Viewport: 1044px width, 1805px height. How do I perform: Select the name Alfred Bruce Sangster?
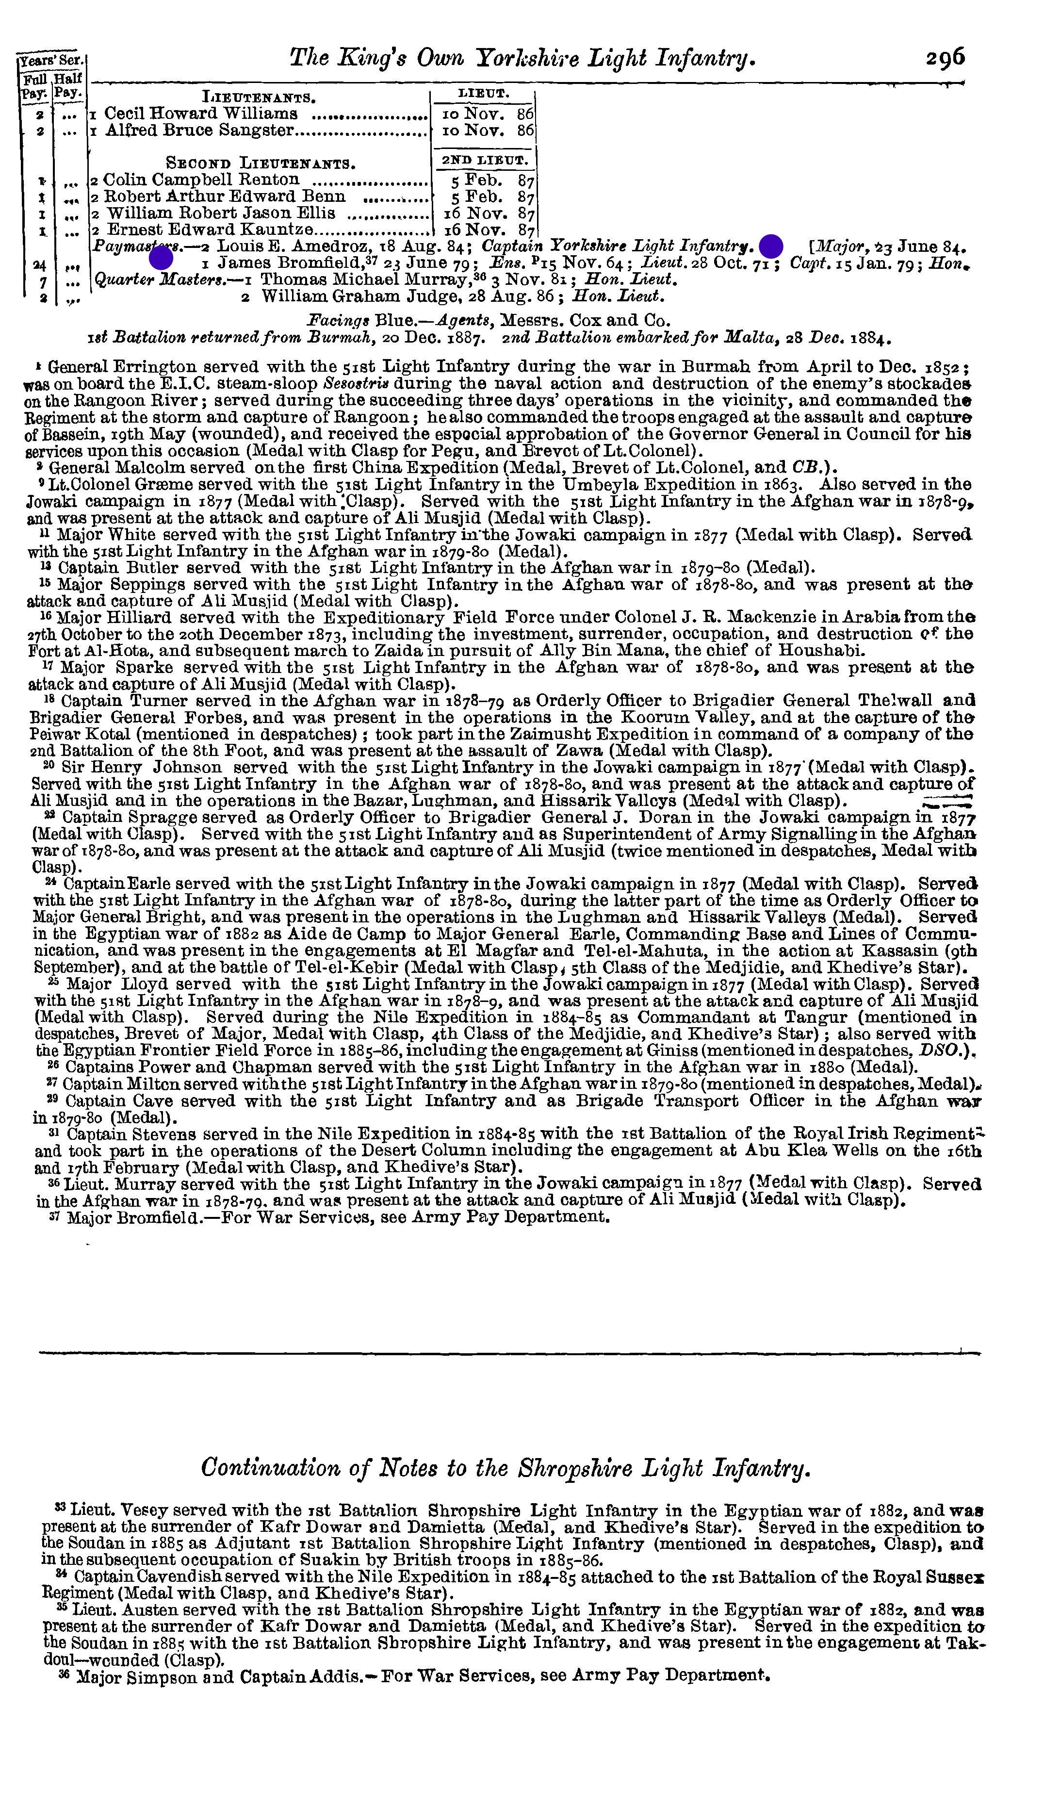[200, 131]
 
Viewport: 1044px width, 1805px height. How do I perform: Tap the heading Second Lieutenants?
[261, 163]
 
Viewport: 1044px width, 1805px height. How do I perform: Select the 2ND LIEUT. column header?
[484, 161]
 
